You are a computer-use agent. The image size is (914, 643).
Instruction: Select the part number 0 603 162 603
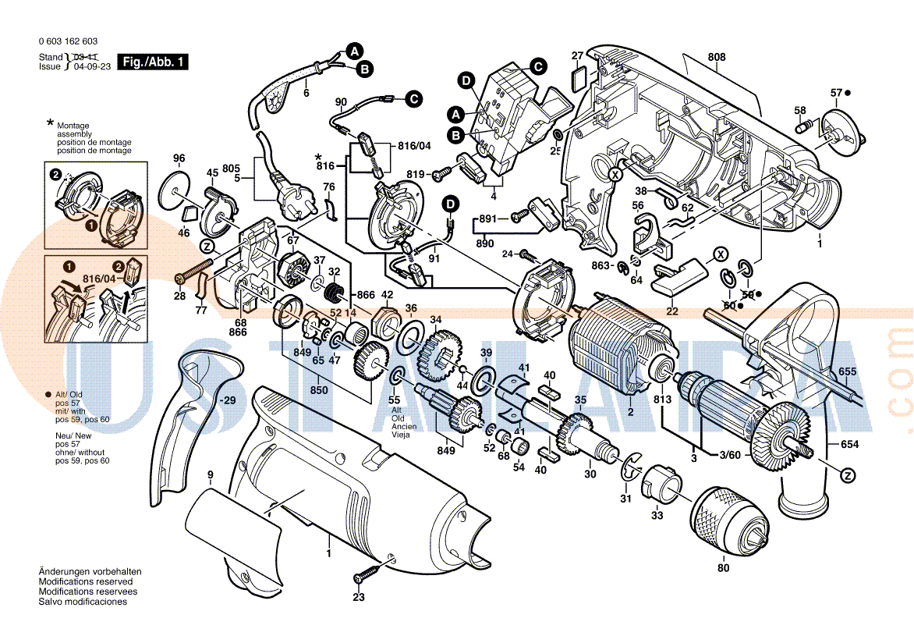click(x=68, y=41)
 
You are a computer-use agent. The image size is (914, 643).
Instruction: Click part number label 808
click(x=717, y=57)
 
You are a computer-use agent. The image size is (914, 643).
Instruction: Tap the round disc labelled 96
click(x=179, y=190)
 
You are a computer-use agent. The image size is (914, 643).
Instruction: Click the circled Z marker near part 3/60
click(x=848, y=474)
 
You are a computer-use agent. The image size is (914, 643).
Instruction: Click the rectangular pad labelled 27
click(x=579, y=76)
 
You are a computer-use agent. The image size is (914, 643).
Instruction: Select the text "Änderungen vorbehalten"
click(x=90, y=572)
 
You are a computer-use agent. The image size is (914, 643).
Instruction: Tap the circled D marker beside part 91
click(x=451, y=204)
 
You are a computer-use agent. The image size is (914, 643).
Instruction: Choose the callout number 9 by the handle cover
click(x=210, y=474)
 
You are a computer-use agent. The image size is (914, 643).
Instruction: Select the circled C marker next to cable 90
click(x=413, y=98)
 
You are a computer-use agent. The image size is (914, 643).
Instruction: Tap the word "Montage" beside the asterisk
click(x=73, y=126)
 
